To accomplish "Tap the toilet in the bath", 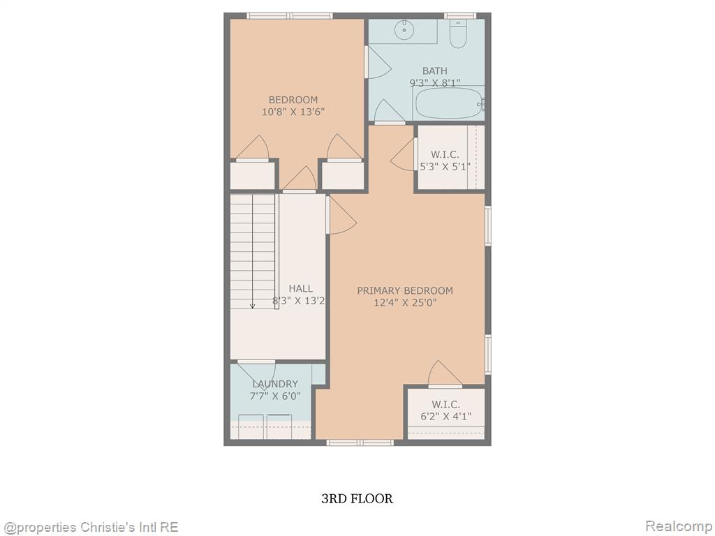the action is click(x=458, y=33).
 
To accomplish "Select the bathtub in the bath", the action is click(x=449, y=103).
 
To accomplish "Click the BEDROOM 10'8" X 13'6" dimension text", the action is click(x=293, y=112).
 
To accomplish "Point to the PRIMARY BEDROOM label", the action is click(x=405, y=290).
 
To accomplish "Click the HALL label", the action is click(x=300, y=288).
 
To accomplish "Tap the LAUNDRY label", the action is click(x=275, y=384).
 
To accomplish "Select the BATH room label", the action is click(x=434, y=70).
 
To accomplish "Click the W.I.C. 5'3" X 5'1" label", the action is click(x=445, y=161).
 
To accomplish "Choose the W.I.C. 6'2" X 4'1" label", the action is click(x=445, y=410).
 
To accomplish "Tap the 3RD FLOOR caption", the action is click(x=357, y=498).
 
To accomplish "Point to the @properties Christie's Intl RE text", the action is click(x=90, y=528).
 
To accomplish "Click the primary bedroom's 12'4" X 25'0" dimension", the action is click(x=406, y=302).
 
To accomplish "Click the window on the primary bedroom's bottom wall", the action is click(x=360, y=442).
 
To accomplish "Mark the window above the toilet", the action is click(x=460, y=16).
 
